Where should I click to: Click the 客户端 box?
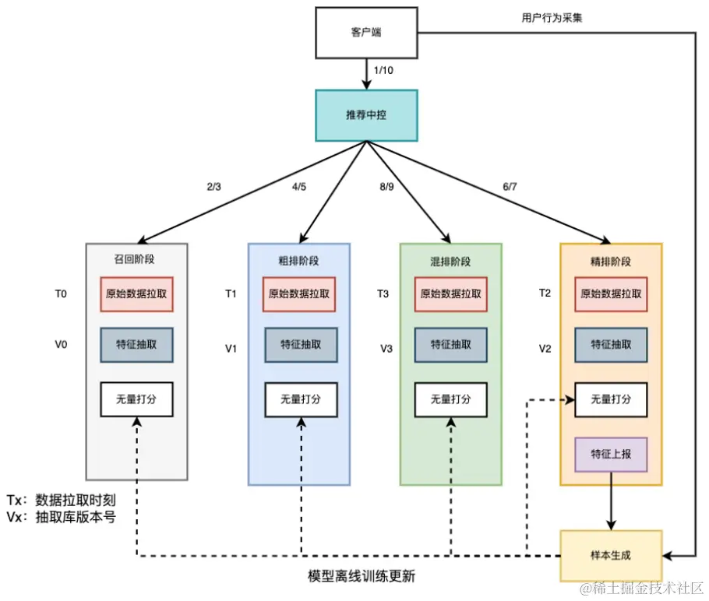tap(366, 33)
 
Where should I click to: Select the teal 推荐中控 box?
tap(366, 114)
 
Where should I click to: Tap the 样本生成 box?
tap(611, 556)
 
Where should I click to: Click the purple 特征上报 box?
tap(611, 454)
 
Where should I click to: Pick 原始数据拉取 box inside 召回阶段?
tap(136, 294)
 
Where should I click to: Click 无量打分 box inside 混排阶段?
tap(450, 399)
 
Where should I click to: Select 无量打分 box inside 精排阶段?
tap(611, 399)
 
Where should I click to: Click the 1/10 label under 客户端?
tap(384, 71)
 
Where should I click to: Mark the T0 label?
tap(60, 294)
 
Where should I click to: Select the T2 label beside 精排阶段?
tap(545, 293)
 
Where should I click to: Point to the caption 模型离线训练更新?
tap(361, 578)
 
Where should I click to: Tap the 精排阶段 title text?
tap(610, 262)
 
